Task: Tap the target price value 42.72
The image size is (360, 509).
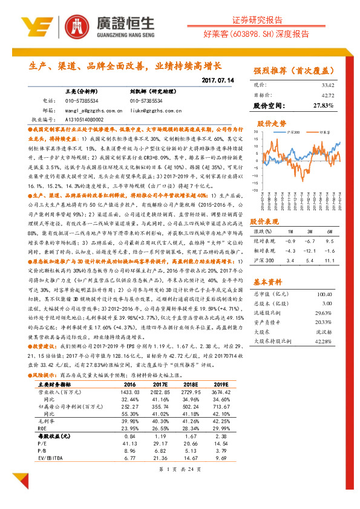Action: pos(327,95)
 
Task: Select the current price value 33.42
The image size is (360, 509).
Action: pos(327,85)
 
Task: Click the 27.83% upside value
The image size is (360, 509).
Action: pos(324,106)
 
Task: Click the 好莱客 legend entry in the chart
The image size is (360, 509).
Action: pos(324,131)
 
